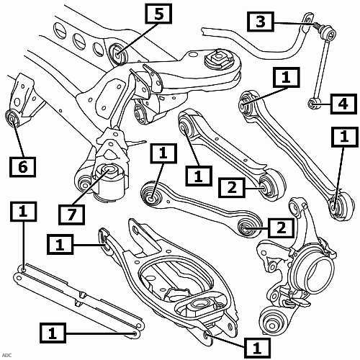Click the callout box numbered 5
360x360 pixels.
point(158,14)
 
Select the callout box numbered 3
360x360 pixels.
point(261,22)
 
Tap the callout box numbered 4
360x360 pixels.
point(343,104)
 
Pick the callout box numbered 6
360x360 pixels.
point(23,167)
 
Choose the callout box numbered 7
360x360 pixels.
point(72,215)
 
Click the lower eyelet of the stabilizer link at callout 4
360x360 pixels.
point(312,104)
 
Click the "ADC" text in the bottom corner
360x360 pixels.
point(7,355)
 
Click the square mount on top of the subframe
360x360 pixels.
point(219,57)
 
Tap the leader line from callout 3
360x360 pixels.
point(293,24)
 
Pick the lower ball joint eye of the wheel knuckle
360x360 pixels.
point(272,323)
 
